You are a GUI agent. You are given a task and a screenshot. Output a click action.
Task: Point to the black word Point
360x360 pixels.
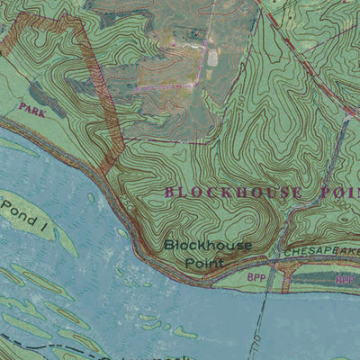[203, 262]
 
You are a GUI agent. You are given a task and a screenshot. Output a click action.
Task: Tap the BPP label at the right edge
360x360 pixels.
[345, 281]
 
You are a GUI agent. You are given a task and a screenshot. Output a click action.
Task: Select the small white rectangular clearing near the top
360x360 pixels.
[212, 56]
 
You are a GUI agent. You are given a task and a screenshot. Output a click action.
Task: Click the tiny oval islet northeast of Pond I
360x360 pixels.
[93, 198]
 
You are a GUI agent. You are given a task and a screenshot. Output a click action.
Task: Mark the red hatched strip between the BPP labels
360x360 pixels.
[285, 282]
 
